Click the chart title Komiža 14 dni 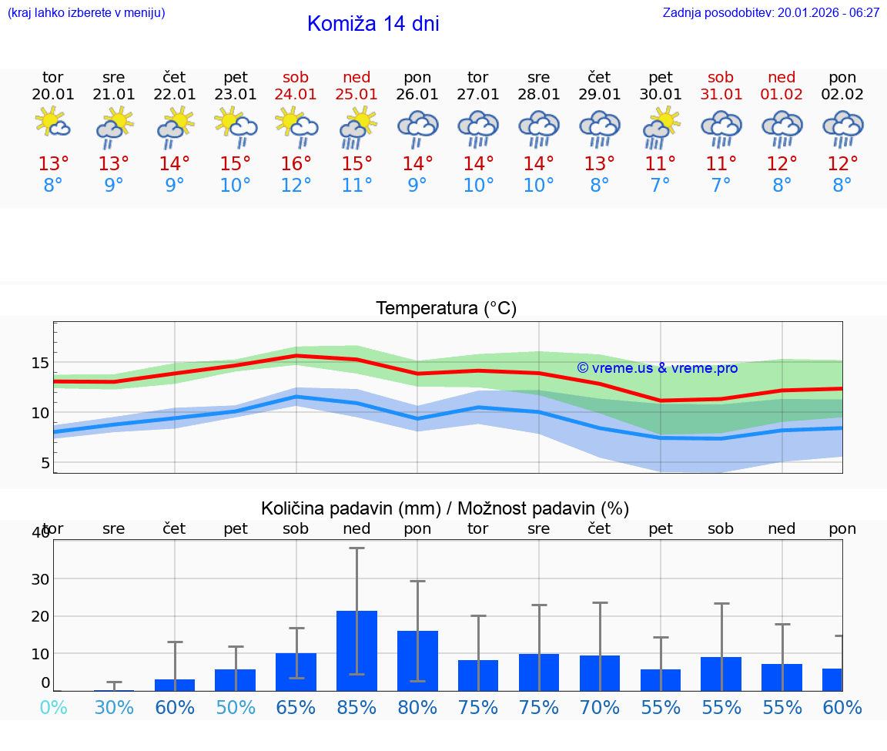373,24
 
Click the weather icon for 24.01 296,127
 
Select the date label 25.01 356,95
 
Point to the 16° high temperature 296,164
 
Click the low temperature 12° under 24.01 296,186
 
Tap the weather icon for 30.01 661,127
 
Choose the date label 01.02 782,95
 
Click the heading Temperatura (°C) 446,309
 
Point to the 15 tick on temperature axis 41,363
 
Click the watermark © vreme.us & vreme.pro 657,368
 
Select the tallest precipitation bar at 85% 356,651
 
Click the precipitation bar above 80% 417,661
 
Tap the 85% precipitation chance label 356,707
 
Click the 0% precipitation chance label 53,707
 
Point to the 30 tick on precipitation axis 40,578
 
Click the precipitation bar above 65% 296,672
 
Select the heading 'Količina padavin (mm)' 350,508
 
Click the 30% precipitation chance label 114,707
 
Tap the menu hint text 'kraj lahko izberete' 86,12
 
